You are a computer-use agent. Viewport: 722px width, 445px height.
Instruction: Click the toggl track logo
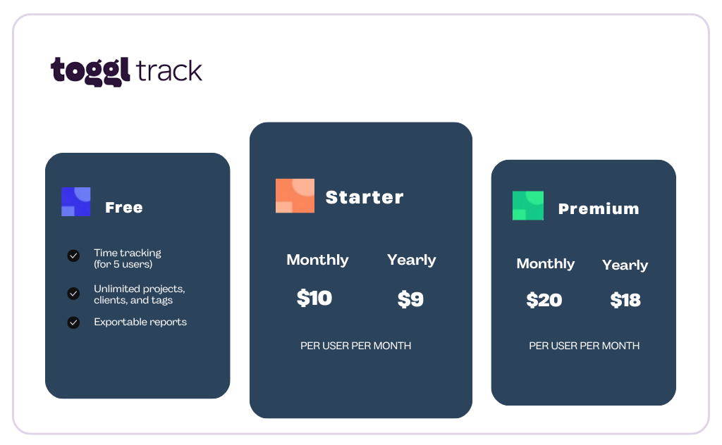[126, 71]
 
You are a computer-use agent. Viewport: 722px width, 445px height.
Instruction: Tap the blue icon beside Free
[76, 201]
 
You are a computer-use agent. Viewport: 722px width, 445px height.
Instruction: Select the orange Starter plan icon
[295, 196]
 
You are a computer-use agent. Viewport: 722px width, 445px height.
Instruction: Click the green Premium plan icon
[527, 206]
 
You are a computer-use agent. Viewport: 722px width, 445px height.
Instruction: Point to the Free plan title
[124, 207]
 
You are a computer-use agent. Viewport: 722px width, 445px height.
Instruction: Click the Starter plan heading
[365, 197]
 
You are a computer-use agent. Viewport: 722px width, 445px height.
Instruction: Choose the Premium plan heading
[599, 208]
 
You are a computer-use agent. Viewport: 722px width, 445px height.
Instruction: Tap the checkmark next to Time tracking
[73, 256]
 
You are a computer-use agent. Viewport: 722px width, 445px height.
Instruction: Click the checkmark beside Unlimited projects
[73, 294]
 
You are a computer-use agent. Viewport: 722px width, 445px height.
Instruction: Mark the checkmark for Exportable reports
[73, 322]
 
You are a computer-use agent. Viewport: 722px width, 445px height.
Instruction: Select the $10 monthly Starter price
[314, 298]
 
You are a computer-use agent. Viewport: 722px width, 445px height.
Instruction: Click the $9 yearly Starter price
[410, 299]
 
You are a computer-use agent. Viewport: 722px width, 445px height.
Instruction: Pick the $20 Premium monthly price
[544, 300]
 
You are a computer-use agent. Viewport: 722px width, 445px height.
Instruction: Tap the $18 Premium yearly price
[625, 300]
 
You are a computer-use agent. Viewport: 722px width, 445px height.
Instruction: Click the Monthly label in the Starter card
[317, 260]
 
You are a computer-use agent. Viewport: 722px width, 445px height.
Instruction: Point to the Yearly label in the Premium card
[625, 265]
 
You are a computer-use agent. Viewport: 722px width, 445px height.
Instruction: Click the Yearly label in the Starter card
[411, 260]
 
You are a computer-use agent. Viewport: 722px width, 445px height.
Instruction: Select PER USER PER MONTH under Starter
[355, 346]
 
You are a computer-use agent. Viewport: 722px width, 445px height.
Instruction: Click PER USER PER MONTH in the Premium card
[584, 346]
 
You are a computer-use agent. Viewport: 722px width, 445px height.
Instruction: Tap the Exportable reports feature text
[140, 322]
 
